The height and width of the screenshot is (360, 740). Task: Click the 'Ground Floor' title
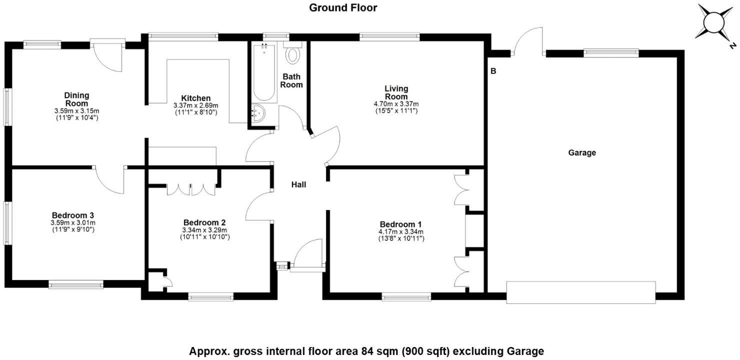coord(343,7)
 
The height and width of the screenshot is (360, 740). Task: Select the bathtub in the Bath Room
coord(264,72)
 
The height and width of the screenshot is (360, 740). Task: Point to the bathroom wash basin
coord(259,114)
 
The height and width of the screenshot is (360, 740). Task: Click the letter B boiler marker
coord(493,71)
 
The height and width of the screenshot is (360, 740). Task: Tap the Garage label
coord(582,152)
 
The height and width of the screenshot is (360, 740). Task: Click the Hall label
coord(298,184)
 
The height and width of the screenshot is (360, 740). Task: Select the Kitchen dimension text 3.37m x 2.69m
coord(196,105)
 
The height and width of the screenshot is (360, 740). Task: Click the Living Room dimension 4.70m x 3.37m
coord(396,104)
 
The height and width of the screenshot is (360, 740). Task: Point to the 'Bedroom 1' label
coord(400,224)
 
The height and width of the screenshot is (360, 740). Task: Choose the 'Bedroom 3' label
coord(73,215)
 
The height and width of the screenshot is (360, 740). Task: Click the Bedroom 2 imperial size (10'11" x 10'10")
coord(205,237)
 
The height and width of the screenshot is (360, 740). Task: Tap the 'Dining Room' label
coord(76,99)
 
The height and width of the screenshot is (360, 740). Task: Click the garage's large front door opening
coord(581,292)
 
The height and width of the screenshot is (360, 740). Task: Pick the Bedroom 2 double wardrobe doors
coord(191,189)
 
